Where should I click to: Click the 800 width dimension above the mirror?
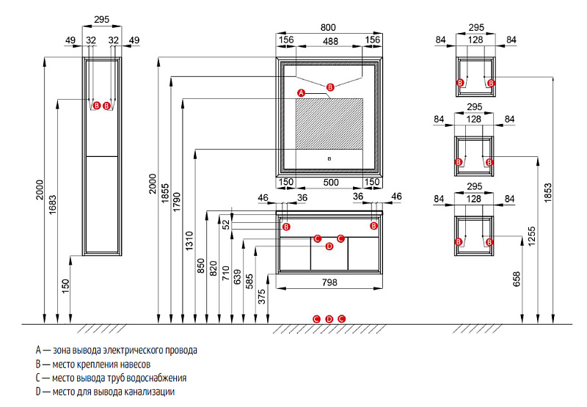click(328, 27)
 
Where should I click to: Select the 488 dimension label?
click(331, 41)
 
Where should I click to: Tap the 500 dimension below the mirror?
click(331, 182)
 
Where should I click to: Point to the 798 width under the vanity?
click(329, 282)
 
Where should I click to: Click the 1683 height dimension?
click(52, 205)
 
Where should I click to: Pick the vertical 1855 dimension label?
click(165, 194)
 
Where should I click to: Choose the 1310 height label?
click(189, 241)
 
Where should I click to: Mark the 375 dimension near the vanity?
click(262, 296)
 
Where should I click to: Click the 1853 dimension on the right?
click(547, 193)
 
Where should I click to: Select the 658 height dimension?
click(517, 279)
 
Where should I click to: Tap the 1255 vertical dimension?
click(531, 236)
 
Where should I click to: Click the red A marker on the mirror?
click(301, 93)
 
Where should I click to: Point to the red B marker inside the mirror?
click(329, 87)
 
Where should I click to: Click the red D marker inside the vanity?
click(329, 246)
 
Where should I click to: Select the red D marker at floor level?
click(329, 319)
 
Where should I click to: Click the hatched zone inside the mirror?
click(329, 124)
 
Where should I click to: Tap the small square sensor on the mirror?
click(329, 159)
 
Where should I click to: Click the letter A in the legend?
click(38, 350)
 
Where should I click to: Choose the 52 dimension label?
click(226, 224)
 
